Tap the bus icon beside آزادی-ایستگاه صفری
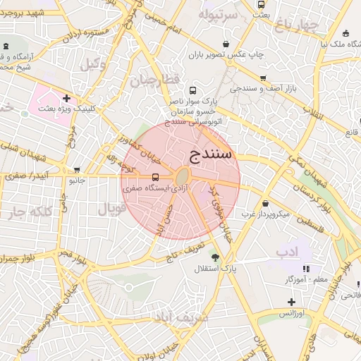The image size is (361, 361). point(155,177)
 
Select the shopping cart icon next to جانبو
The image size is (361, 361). point(77,170)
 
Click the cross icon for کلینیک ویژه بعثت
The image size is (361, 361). point(66,98)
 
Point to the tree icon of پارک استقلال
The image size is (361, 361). point(214,257)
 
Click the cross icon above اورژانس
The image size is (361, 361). point(291,302)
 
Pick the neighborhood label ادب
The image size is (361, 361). point(287,251)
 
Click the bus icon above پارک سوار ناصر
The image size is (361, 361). point(193,91)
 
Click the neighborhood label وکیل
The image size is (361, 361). point(94,64)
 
